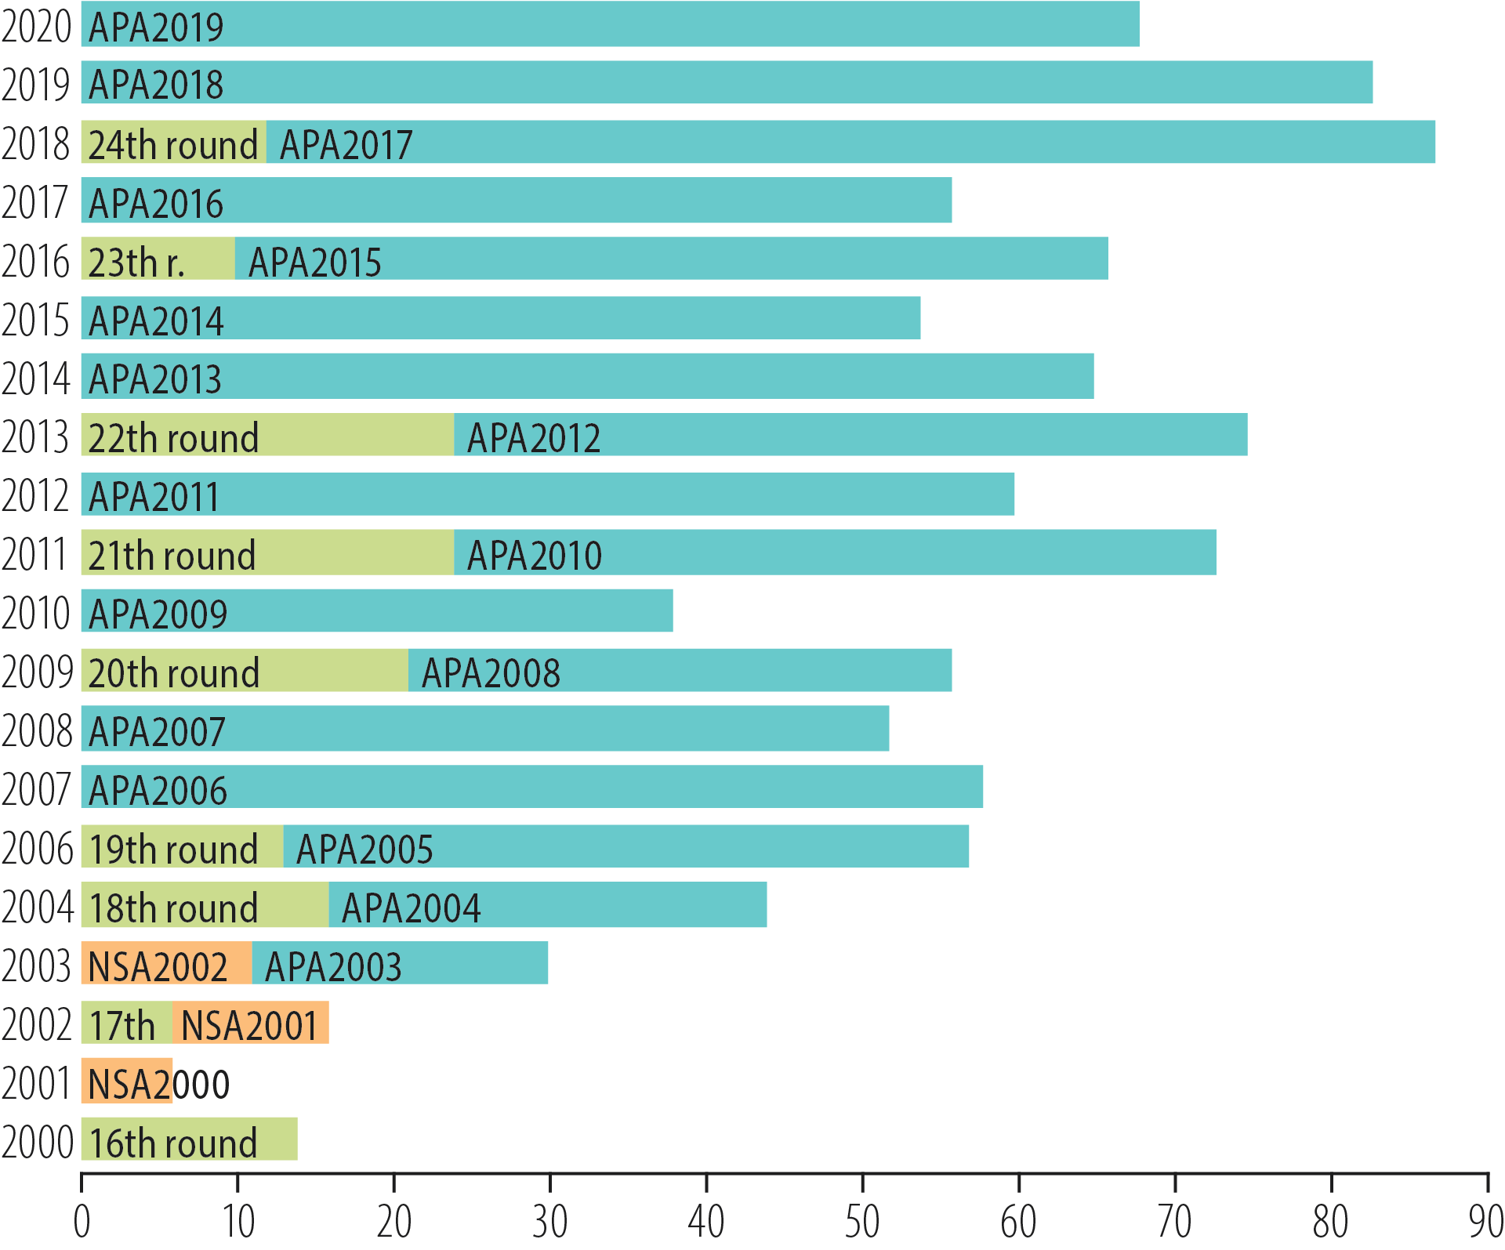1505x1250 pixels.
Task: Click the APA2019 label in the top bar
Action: [x=156, y=27]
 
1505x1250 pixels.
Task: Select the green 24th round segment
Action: [x=173, y=143]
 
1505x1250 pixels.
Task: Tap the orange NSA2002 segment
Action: [x=165, y=963]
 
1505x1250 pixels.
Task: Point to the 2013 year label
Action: [x=36, y=437]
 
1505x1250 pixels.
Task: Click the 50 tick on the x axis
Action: [x=861, y=1221]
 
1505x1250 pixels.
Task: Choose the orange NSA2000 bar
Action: [x=126, y=1081]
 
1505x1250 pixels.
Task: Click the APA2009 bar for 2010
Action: [x=376, y=611]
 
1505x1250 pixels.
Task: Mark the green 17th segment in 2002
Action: [x=125, y=1023]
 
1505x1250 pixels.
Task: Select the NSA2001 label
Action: [x=249, y=1025]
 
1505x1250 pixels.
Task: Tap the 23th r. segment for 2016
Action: [x=158, y=259]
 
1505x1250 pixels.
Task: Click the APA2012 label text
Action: [x=534, y=437]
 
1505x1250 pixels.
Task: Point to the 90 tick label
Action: [x=1485, y=1221]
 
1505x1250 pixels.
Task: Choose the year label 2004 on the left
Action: [x=37, y=907]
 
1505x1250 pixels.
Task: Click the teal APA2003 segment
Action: [x=400, y=963]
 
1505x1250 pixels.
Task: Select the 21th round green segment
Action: [x=267, y=553]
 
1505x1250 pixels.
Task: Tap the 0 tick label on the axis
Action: [x=82, y=1221]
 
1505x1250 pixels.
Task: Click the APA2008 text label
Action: [x=491, y=672]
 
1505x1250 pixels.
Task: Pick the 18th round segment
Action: [x=204, y=905]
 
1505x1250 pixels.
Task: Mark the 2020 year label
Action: [x=36, y=26]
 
